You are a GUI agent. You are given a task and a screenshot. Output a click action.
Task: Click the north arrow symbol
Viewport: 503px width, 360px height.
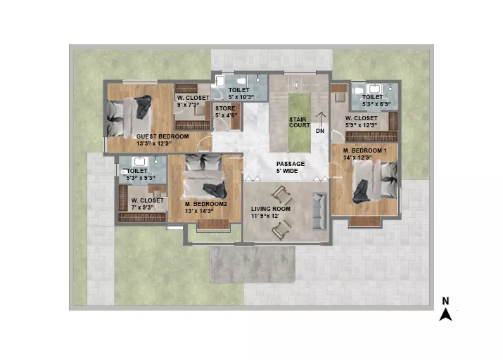[445, 314]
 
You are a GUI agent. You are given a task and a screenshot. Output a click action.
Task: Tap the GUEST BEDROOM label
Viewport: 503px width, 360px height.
[163, 136]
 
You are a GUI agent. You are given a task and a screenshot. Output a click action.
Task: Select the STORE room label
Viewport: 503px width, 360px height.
[225, 108]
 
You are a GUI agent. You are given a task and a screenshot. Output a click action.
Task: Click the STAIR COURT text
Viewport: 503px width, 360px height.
[299, 122]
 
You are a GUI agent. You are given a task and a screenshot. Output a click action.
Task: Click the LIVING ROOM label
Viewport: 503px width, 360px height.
[271, 209]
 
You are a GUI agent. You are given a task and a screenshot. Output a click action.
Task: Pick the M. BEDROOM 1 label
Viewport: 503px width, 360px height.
[364, 150]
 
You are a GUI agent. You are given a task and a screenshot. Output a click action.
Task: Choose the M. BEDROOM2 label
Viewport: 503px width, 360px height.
[206, 204]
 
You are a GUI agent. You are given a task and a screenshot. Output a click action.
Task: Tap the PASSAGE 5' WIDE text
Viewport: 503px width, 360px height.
[291, 167]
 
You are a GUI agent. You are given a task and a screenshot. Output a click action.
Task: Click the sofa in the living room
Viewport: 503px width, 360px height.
[319, 211]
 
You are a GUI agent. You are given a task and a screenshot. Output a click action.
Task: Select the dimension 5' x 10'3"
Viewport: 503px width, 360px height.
[241, 97]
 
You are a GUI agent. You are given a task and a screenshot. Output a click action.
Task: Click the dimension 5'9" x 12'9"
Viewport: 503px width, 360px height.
[361, 125]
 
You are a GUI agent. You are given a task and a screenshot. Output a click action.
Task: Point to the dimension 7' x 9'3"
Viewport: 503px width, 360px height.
[142, 207]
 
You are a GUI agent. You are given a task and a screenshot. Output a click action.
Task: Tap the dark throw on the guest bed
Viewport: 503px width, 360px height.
[144, 107]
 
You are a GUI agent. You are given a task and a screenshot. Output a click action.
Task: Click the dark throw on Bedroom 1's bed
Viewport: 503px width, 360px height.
[361, 191]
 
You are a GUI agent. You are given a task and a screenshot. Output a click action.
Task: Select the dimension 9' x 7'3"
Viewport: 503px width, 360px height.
[189, 105]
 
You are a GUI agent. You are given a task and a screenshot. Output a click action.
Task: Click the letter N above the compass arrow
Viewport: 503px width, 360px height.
[445, 301]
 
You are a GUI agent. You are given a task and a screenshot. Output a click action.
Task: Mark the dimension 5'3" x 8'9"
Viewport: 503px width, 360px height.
[376, 104]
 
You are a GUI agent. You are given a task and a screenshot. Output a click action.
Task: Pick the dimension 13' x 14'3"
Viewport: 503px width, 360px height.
[199, 211]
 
